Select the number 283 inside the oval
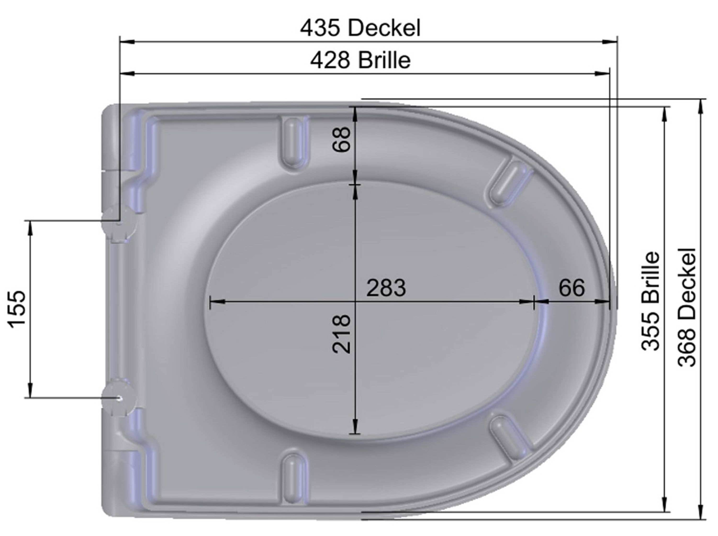pos(386,287)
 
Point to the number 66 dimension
pos(572,287)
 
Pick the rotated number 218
pos(342,334)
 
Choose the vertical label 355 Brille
pos(651,301)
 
